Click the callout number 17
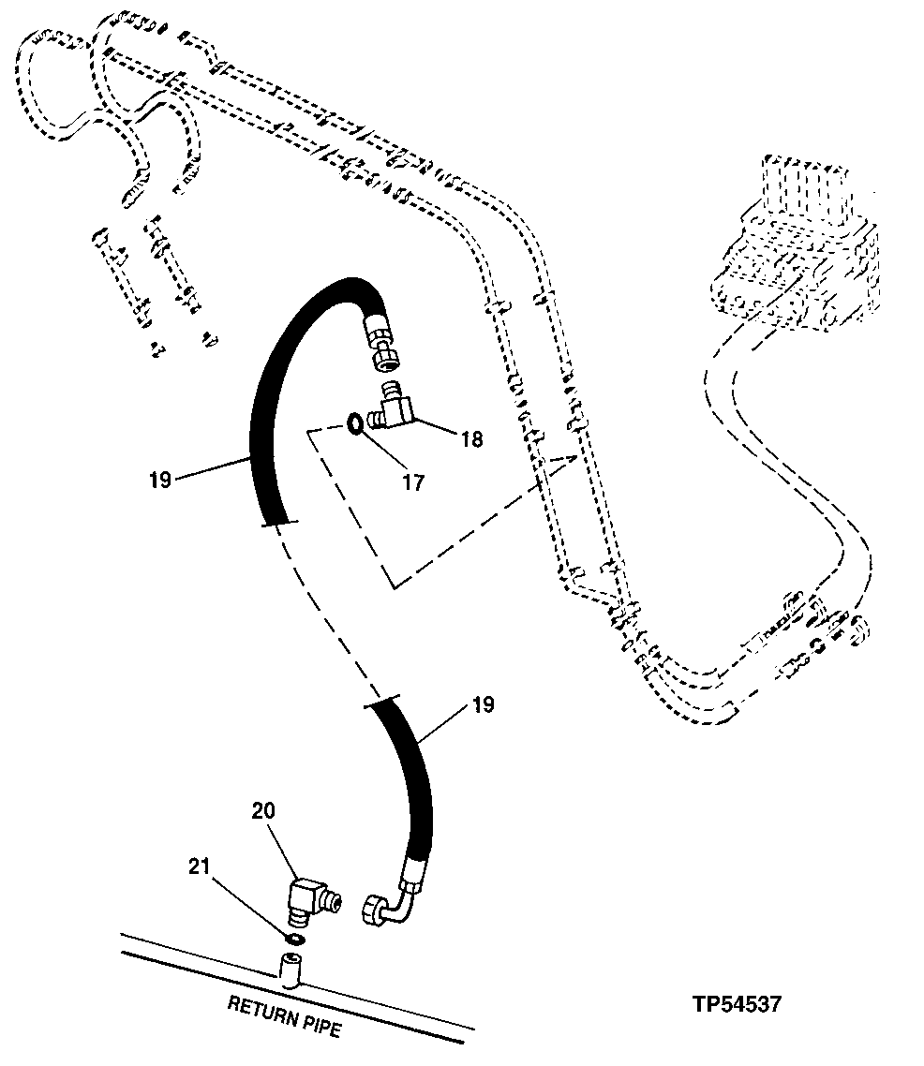tap(412, 482)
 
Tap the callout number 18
tap(471, 438)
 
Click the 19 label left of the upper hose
tap(159, 481)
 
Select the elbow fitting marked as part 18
tap(393, 406)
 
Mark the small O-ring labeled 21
tap(293, 939)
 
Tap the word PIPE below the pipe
tap(320, 1029)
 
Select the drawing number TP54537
tap(736, 1004)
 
